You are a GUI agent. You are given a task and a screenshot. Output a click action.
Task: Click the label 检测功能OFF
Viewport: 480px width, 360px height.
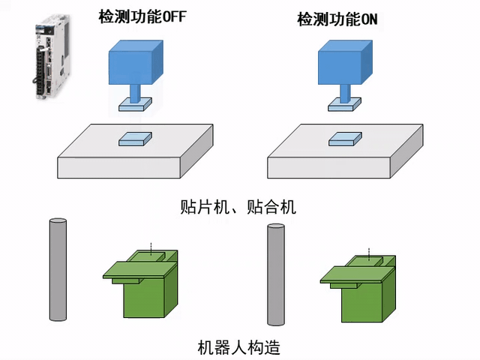pyautogui.click(x=142, y=16)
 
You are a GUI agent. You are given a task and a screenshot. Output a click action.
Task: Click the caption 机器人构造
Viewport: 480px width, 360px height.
pyautogui.click(x=239, y=347)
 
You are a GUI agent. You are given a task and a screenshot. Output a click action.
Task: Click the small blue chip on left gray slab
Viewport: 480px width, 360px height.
pyautogui.click(x=135, y=138)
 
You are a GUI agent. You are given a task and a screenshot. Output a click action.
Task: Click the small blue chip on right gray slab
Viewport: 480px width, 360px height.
pyautogui.click(x=345, y=138)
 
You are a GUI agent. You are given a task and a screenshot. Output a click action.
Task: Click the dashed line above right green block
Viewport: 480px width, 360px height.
pyautogui.click(x=368, y=252)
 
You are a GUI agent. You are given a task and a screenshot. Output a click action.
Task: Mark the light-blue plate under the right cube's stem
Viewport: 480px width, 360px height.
pyautogui.click(x=346, y=106)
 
